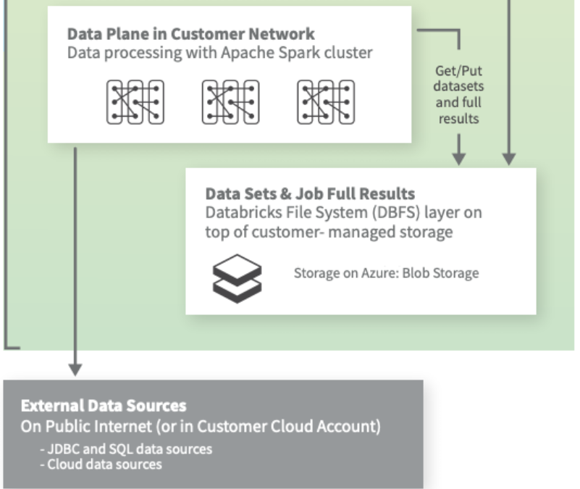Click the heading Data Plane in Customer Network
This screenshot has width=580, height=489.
point(191,35)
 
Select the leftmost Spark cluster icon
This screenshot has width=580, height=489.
point(135,101)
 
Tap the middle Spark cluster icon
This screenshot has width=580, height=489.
point(230,101)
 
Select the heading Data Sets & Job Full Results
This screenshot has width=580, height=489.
point(310,194)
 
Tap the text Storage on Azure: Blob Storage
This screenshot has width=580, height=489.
point(386,273)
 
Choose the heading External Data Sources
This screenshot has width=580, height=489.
point(104,405)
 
